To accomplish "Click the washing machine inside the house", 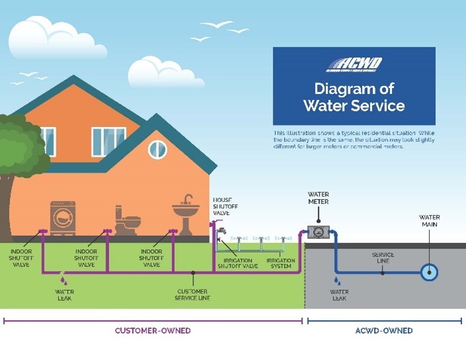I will [x=62, y=218].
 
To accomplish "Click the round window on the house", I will [x=158, y=150].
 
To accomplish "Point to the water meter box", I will [x=319, y=234].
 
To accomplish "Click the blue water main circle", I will [x=430, y=272].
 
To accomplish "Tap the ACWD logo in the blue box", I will [x=353, y=65].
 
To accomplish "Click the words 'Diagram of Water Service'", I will [x=354, y=97].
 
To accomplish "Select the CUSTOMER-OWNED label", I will [x=153, y=330].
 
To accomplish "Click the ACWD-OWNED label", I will [x=384, y=330].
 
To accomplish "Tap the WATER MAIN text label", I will [x=430, y=221].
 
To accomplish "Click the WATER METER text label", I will [x=318, y=198].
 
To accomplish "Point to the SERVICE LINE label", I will [x=383, y=258].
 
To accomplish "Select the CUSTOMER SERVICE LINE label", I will [x=193, y=294].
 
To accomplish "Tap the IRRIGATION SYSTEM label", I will [x=281, y=264].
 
